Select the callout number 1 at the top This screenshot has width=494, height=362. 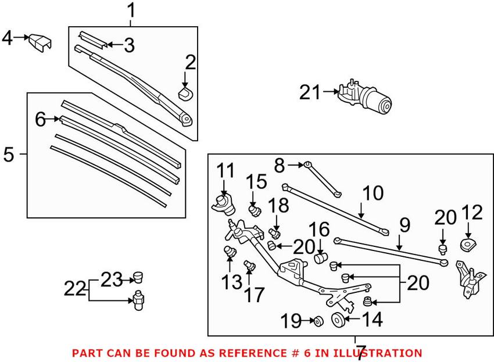[x=131, y=10]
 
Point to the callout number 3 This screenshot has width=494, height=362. [x=128, y=44]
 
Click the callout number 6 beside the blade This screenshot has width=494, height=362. [x=40, y=119]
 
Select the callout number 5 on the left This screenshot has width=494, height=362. [x=9, y=155]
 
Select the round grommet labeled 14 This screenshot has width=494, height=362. [x=337, y=319]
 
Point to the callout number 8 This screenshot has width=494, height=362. [x=280, y=166]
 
